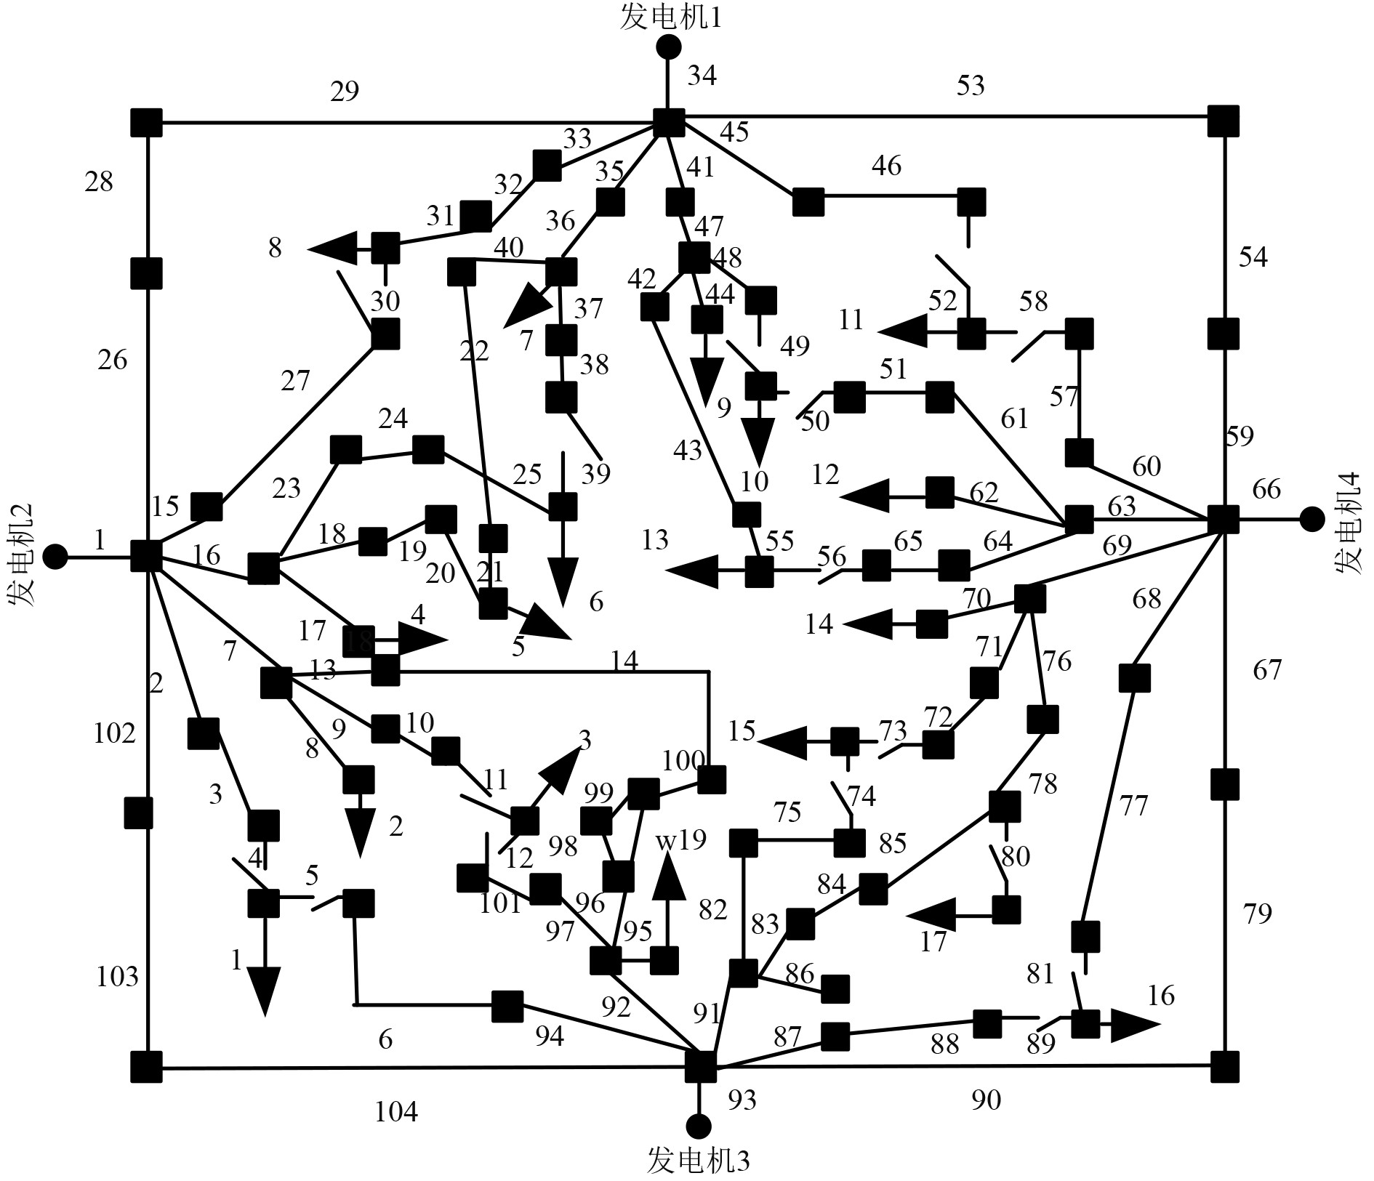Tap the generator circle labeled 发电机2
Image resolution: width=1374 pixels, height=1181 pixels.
(55, 557)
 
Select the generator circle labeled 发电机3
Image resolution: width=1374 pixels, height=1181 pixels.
(699, 1126)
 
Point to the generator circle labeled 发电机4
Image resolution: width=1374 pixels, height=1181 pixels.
(1311, 519)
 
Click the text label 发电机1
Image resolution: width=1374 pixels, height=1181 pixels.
(670, 18)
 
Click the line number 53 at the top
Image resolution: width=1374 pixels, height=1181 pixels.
(971, 86)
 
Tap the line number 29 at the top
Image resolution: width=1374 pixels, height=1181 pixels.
(345, 92)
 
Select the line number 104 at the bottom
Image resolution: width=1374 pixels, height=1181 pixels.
(396, 1112)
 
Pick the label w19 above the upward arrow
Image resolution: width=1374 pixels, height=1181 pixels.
(681, 840)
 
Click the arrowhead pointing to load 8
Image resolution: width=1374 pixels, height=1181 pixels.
(332, 249)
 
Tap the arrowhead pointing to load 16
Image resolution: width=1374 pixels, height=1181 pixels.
(1134, 1025)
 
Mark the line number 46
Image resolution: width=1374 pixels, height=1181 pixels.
(886, 166)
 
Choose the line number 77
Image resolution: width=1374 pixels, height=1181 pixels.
(1133, 805)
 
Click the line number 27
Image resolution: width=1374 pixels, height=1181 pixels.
(295, 381)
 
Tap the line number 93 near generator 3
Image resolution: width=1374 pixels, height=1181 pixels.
(742, 1100)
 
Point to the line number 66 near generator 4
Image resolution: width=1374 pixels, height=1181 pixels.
(1266, 489)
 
